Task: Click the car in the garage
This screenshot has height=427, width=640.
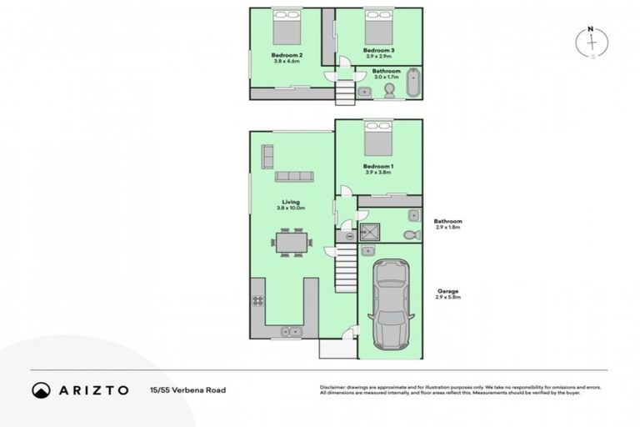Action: (390, 305)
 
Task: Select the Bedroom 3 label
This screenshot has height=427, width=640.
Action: (378, 50)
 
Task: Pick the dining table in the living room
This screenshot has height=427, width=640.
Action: (292, 243)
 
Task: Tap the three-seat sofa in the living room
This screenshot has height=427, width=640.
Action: (294, 177)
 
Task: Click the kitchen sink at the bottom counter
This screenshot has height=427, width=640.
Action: (290, 331)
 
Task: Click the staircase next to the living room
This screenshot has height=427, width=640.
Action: (345, 267)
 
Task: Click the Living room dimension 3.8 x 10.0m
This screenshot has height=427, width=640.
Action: (291, 207)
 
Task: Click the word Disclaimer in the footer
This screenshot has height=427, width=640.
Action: (334, 387)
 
